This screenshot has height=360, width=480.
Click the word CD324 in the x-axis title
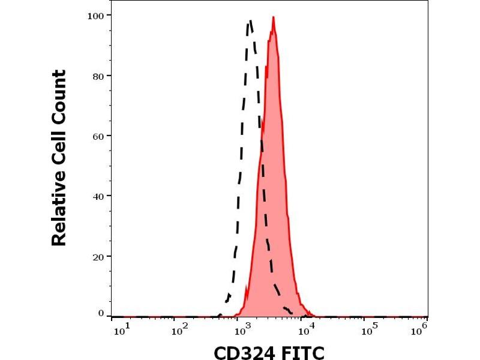click(245, 352)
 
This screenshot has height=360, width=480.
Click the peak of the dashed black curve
click(250, 22)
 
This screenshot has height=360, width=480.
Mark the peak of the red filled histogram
click(273, 18)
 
